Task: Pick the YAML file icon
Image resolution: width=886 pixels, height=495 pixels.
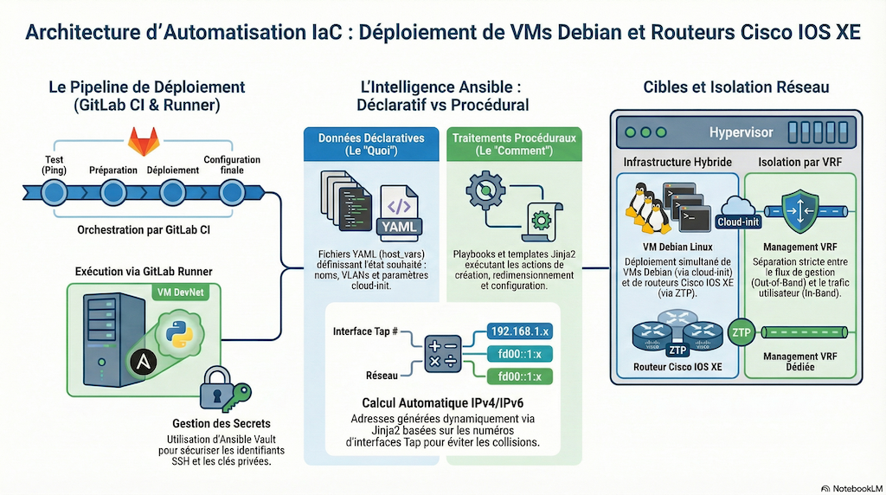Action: [399, 212]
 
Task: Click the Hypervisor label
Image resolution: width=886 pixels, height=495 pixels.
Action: [742, 132]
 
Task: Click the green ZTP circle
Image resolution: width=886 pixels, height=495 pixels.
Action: [741, 331]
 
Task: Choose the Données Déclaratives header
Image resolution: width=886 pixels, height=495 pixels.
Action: [371, 144]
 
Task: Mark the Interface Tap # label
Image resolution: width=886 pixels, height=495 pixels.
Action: [365, 331]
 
